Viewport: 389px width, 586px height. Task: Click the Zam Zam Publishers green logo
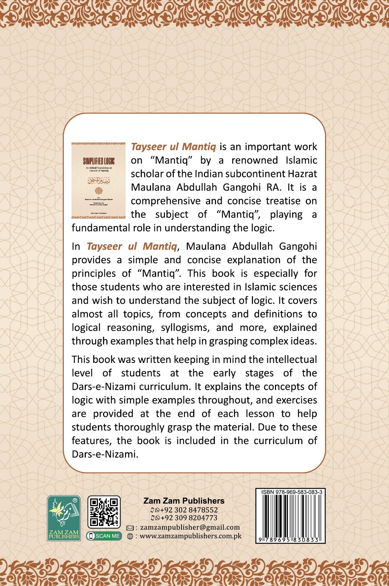click(x=64, y=518)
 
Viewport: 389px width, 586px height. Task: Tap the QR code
click(x=104, y=512)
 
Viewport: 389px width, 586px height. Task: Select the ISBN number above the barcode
click(x=291, y=492)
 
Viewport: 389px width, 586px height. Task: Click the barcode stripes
click(x=290, y=516)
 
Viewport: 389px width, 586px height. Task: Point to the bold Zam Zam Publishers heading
click(x=184, y=501)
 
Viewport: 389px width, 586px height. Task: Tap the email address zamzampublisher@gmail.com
click(x=190, y=527)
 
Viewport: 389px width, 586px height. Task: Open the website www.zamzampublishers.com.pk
click(x=191, y=536)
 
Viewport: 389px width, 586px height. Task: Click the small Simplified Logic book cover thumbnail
click(x=98, y=181)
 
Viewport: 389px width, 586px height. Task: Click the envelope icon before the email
click(x=130, y=528)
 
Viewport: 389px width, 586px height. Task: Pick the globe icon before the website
click(x=130, y=536)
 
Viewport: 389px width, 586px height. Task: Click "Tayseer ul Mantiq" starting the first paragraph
click(x=173, y=147)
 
